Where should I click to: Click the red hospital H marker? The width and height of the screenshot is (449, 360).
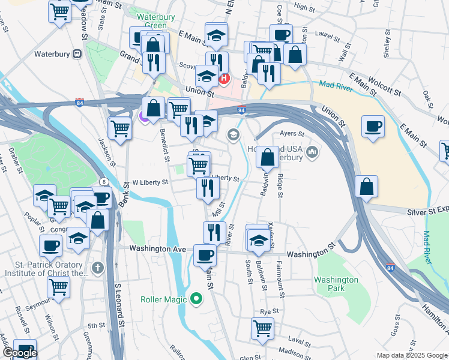tap(224, 78)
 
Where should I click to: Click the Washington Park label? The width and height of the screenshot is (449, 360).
tap(336, 284)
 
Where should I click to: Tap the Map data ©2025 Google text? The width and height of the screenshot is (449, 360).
tap(411, 355)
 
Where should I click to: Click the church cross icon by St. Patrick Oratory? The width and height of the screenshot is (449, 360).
tap(98, 268)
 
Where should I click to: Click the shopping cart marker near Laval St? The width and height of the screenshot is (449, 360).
tap(262, 328)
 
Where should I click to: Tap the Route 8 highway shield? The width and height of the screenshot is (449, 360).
tap(106, 182)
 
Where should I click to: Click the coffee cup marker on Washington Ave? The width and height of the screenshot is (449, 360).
tap(205, 255)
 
